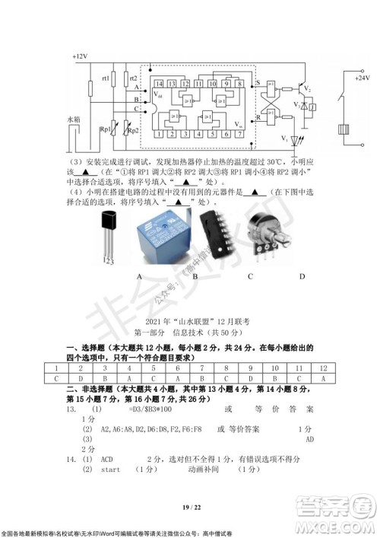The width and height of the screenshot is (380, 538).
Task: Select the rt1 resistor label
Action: pos(106,78)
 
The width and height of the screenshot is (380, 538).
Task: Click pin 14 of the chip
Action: pos(159,82)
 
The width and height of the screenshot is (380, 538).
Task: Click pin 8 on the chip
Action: pos(238,82)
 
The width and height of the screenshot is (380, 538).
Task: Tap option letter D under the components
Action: pos(302,275)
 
